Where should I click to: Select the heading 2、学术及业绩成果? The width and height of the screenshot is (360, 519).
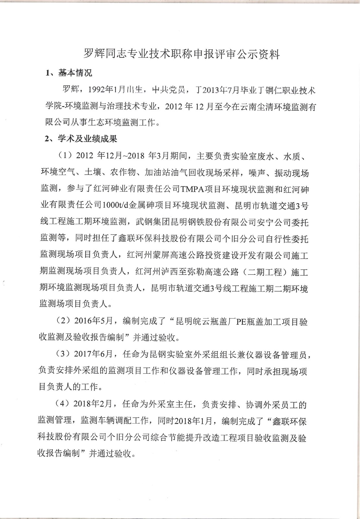(81, 139)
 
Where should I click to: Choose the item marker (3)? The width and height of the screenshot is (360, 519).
(63, 354)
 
